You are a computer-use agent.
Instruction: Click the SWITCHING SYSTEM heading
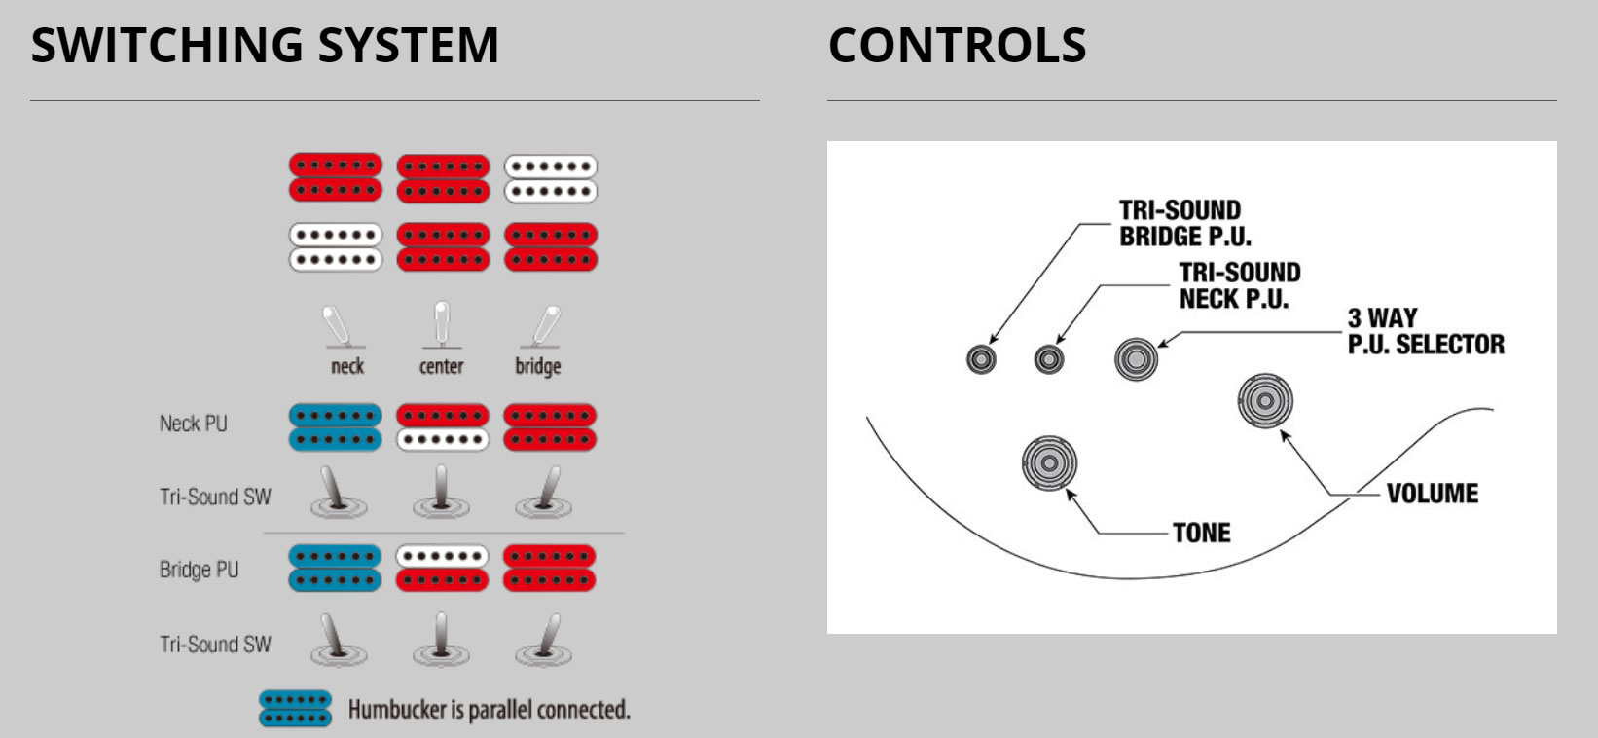tap(265, 46)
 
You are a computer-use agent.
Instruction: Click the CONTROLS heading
tap(957, 46)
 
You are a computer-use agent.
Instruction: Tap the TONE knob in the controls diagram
tap(1049, 462)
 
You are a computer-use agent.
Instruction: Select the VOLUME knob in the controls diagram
tap(1265, 400)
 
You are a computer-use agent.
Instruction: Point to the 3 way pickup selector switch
tap(1136, 359)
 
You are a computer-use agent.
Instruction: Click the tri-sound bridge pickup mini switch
tap(981, 359)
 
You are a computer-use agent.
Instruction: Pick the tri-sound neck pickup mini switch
tap(1048, 359)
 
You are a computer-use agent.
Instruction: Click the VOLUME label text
tap(1432, 494)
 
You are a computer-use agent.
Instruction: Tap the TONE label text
tap(1201, 533)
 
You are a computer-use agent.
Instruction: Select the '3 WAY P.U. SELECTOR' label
tap(1425, 331)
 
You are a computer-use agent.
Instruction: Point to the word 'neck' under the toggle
tap(347, 367)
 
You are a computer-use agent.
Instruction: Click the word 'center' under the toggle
tap(441, 367)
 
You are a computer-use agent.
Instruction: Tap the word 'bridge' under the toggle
tap(538, 367)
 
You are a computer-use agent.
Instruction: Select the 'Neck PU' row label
tap(193, 424)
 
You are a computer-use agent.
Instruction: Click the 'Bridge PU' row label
tap(199, 570)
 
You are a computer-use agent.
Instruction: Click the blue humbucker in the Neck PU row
tap(335, 427)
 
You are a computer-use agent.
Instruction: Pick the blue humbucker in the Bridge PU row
tap(335, 569)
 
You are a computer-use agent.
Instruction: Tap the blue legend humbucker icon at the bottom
tap(296, 709)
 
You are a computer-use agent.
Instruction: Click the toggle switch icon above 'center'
tap(442, 325)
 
